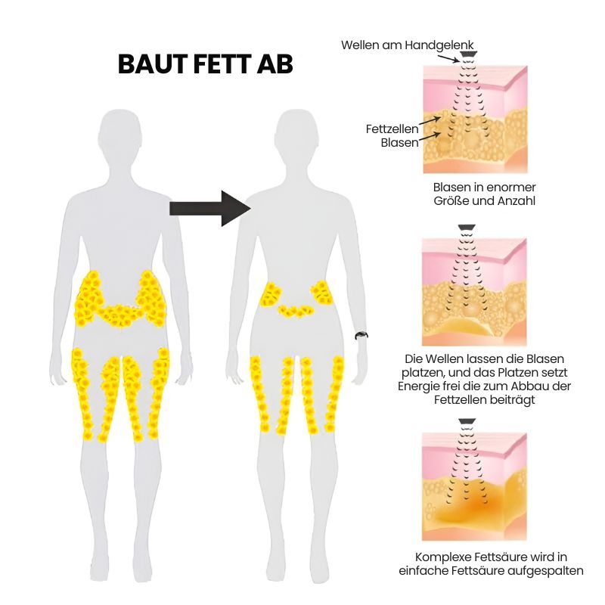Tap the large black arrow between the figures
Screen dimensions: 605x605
210,209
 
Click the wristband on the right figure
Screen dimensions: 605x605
361,335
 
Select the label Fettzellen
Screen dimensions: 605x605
392,129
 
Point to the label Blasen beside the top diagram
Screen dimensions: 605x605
399,143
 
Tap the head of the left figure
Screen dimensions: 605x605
120,132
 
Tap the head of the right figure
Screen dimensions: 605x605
296,132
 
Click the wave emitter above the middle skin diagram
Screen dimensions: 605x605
467,228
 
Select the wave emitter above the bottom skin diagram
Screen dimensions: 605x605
467,422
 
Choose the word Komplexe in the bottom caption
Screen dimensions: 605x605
443,557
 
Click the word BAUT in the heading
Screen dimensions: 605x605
153,64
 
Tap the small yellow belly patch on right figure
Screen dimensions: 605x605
296,311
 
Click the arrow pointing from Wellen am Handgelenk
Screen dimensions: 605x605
448,58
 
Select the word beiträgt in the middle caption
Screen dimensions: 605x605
513,400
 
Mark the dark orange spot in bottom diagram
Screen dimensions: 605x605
479,504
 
